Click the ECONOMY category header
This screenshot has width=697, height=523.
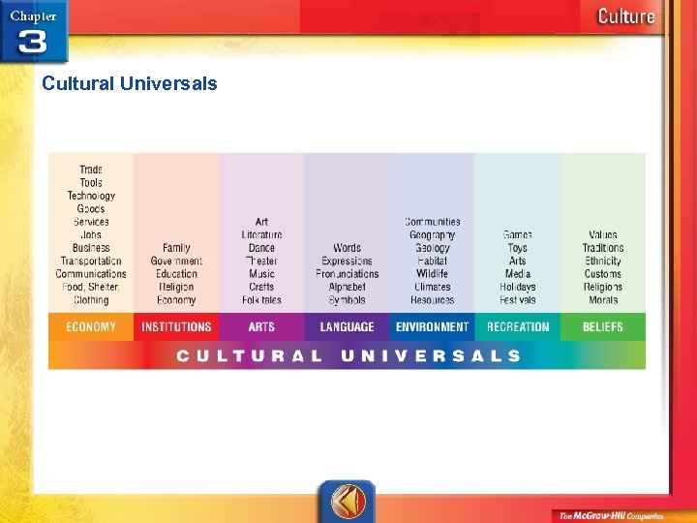pos(91,327)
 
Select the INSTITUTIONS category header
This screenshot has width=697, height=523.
pos(176,327)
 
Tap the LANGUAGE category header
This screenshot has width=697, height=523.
pos(347,327)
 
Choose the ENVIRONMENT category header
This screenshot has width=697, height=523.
pos(432,327)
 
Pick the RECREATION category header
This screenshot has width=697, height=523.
pos(518,327)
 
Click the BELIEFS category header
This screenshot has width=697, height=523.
pos(602,327)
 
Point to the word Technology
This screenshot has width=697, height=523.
pos(91,196)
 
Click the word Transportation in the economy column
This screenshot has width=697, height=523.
pos(91,261)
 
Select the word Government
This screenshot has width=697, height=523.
pos(176,261)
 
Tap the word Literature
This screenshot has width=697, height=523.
pos(261,235)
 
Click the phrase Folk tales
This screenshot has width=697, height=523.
pos(261,300)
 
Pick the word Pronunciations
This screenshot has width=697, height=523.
pos(347,274)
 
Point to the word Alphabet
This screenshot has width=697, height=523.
pos(347,288)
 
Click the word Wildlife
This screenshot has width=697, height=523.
pos(432,274)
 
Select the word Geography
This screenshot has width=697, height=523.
pos(432,235)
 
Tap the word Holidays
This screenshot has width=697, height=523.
pos(518,288)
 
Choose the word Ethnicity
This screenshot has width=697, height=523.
pos(602,261)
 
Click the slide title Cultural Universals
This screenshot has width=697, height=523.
pos(130,83)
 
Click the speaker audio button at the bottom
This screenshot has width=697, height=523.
pos(347,501)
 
